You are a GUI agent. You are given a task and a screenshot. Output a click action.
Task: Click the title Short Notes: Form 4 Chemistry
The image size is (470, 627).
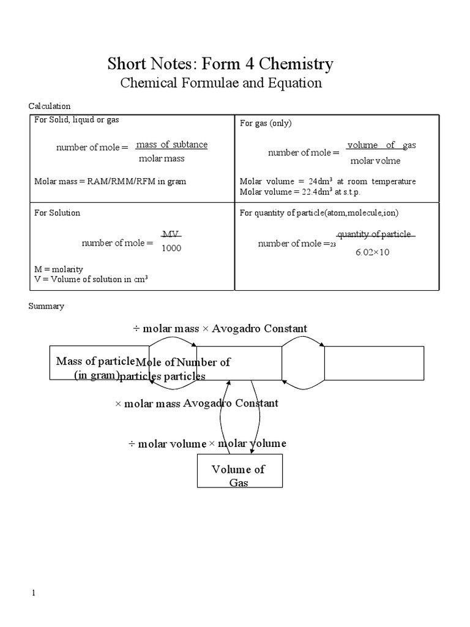[x=220, y=64]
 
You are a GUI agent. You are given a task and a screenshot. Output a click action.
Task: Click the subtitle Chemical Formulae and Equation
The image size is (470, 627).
[x=220, y=83]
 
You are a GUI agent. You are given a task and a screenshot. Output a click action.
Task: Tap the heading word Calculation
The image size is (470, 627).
[x=50, y=106]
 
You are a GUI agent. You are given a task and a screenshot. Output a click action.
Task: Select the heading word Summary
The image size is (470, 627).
[x=47, y=306]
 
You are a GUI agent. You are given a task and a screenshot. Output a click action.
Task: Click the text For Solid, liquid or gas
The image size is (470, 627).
[x=76, y=120]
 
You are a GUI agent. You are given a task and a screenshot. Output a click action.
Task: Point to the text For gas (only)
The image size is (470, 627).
[x=266, y=123]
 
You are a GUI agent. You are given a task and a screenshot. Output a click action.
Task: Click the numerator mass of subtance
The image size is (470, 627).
[x=171, y=145]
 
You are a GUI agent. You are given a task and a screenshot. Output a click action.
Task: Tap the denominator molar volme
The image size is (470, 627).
[x=375, y=160]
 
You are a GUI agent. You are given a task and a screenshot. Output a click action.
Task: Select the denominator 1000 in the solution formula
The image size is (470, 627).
[x=171, y=249]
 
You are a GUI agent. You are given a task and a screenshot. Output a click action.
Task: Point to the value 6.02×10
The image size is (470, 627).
[x=372, y=252]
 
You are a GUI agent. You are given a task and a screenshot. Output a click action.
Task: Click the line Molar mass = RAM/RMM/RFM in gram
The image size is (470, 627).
[x=110, y=181]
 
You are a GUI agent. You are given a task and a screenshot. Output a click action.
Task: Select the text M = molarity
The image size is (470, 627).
[x=59, y=269]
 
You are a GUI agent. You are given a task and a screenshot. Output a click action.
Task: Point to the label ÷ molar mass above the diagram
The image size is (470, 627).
[x=166, y=329]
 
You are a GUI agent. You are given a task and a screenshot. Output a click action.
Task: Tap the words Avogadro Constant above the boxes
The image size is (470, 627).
[x=259, y=329]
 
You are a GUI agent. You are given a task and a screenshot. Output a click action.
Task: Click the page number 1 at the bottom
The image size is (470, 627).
[x=34, y=593]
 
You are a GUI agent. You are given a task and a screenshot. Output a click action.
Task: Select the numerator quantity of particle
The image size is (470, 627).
[x=375, y=235]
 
